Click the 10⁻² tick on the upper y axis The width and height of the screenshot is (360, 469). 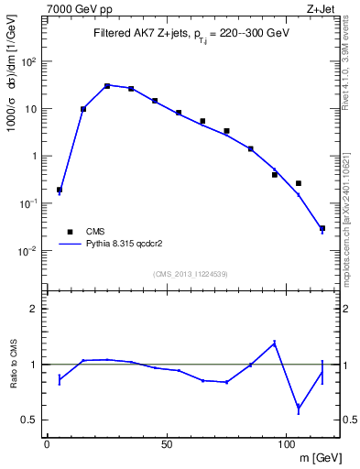(28, 250)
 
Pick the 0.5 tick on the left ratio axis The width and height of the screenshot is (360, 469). (31, 420)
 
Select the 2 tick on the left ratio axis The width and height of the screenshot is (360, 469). (36, 309)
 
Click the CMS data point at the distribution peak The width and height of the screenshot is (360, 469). (107, 86)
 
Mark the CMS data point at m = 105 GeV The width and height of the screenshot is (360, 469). (299, 183)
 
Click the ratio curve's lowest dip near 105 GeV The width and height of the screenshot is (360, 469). (299, 409)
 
